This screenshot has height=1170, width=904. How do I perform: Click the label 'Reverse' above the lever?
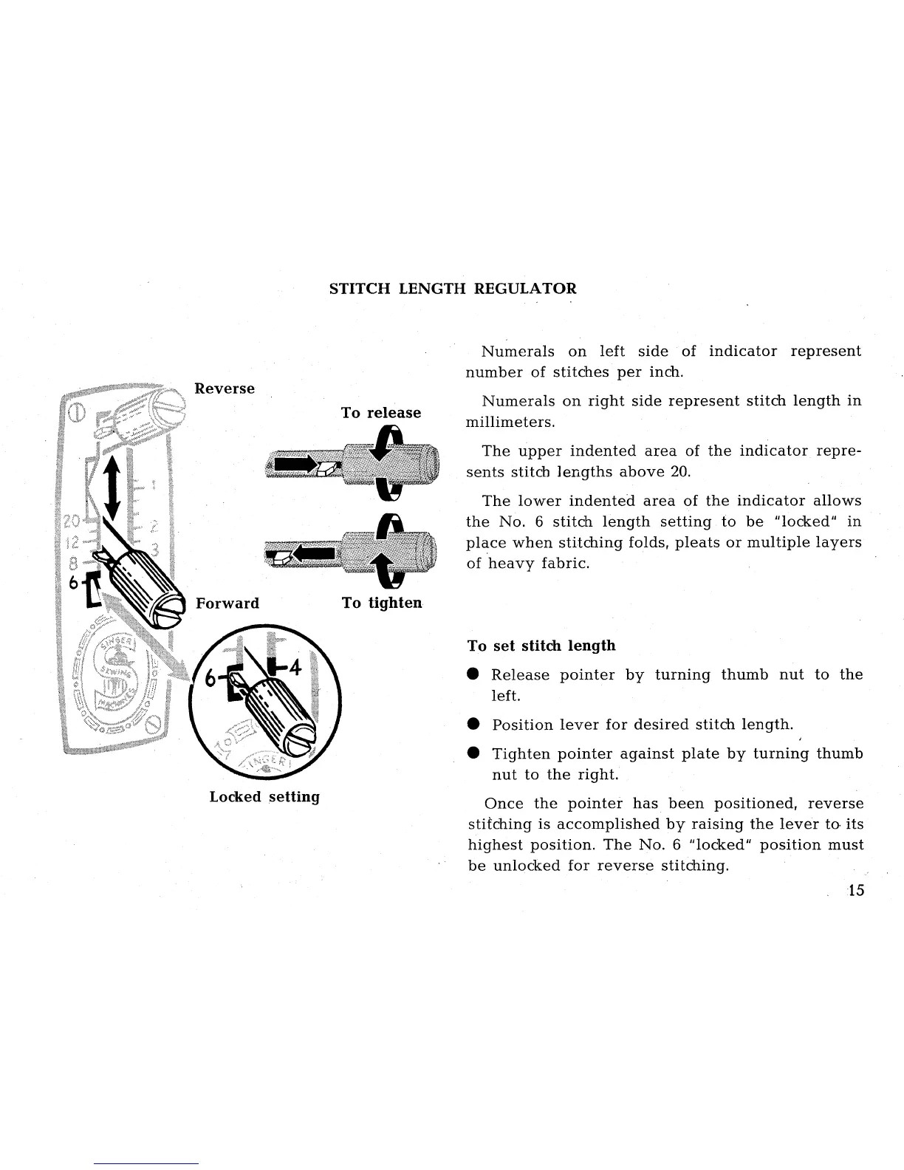tap(224, 389)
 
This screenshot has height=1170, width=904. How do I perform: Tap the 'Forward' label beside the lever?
tap(227, 603)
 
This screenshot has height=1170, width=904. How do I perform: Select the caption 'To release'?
tap(381, 412)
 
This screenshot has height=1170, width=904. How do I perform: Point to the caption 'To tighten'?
tap(382, 603)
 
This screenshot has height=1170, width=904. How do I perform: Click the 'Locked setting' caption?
tap(264, 797)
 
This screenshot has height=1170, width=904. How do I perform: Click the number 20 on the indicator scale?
tap(72, 521)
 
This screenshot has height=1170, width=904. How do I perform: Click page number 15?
tap(856, 890)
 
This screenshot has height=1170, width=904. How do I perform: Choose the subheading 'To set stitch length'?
tap(541, 646)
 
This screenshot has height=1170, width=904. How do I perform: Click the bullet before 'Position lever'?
tap(474, 725)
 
